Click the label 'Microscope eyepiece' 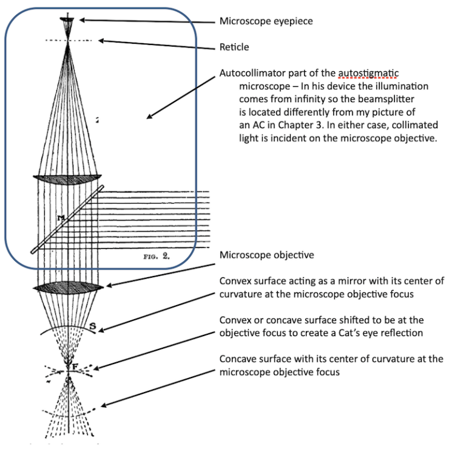(266, 21)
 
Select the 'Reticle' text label (234, 47)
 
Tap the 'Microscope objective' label (266, 255)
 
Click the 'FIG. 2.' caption (156, 256)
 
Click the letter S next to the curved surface (93, 326)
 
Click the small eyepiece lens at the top (67, 21)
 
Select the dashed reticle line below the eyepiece (67, 41)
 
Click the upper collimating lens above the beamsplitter (67, 180)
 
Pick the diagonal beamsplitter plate (67, 219)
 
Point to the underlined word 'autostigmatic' (368, 73)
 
